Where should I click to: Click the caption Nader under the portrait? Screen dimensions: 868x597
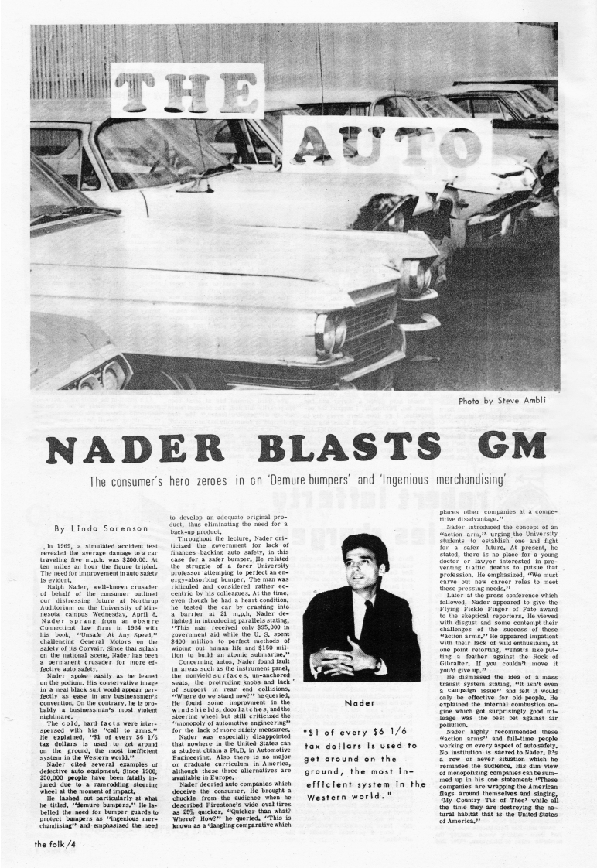pos(362,703)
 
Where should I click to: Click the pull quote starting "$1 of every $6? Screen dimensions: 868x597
pos(362,777)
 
